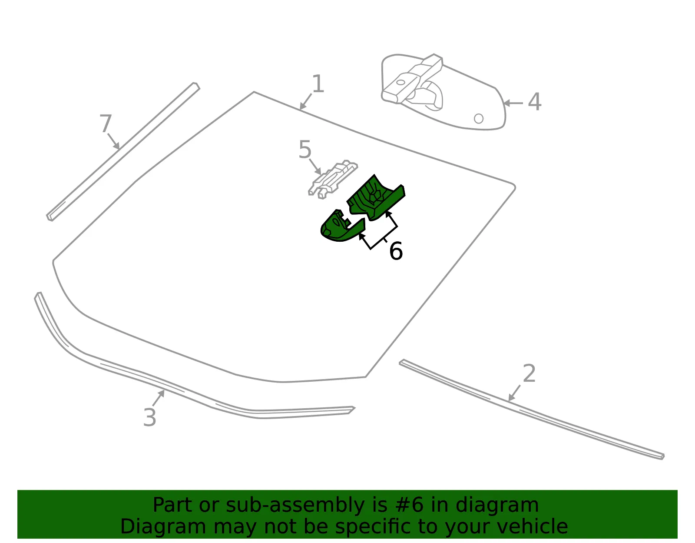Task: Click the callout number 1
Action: (318, 84)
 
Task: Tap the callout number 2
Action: (529, 373)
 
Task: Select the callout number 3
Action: (150, 417)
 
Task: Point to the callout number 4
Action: (534, 102)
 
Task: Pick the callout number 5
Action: (305, 150)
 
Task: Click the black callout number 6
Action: (396, 251)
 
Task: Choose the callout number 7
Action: (106, 123)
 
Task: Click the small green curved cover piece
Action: (341, 226)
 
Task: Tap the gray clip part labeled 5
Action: (333, 179)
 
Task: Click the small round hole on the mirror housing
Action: (479, 119)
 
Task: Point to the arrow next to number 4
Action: (513, 103)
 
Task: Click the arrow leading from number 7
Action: (113, 141)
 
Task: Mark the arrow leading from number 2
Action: (514, 393)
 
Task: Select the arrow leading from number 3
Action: (158, 398)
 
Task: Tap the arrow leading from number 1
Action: (305, 102)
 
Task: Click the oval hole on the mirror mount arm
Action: (400, 82)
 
